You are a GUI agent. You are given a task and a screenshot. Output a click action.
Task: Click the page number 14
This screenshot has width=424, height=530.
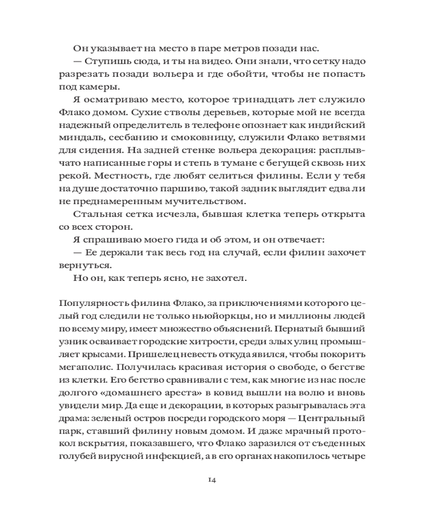pyautogui.click(x=211, y=480)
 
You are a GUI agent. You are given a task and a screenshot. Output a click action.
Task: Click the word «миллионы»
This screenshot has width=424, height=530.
pyautogui.click(x=311, y=316)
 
